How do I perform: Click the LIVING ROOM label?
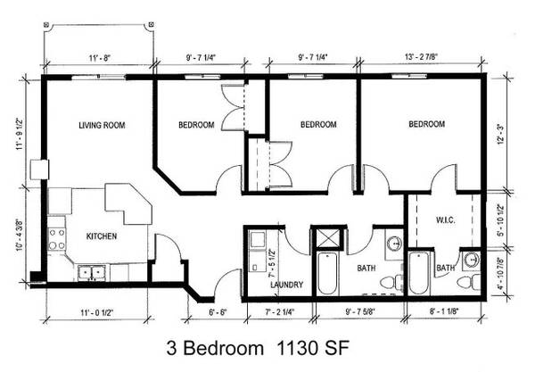102,125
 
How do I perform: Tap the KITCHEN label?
102,236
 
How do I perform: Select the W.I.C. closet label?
446,220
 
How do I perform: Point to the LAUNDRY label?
286,285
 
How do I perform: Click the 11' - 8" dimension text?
100,58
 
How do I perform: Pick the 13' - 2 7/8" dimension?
421,57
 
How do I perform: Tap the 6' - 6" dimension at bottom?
217,312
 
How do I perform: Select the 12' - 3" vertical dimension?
501,134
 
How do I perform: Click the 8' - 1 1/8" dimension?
443,311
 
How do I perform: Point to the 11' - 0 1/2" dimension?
97,312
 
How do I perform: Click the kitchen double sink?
92,273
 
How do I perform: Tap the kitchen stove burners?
57,239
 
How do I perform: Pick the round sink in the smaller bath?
472,260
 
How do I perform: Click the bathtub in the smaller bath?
419,273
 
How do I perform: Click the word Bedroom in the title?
225,349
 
